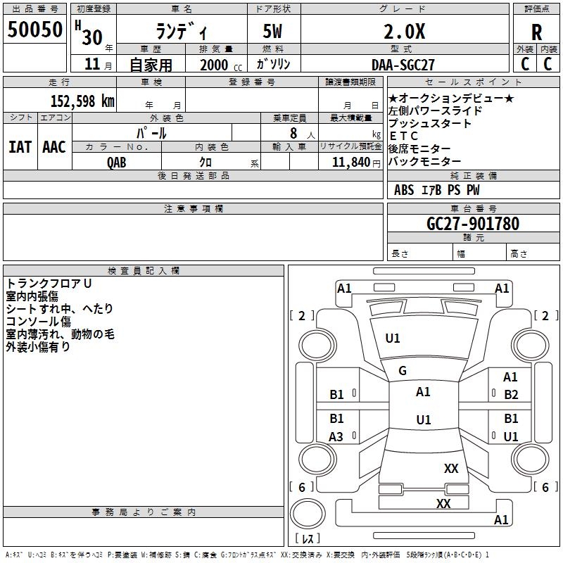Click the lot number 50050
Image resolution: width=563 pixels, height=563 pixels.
click(x=35, y=30)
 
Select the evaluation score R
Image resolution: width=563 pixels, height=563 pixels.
click(x=537, y=32)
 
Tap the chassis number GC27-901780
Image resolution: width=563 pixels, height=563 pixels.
click(x=473, y=224)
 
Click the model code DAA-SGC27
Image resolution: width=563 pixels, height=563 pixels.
click(x=403, y=64)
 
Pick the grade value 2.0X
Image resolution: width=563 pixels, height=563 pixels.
click(x=403, y=32)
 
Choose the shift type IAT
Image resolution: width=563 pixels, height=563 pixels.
click(x=20, y=147)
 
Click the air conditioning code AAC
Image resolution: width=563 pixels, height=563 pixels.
click(x=53, y=147)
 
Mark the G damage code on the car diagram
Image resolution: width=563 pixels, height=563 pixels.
click(x=403, y=371)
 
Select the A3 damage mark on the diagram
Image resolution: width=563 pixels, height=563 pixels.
click(x=336, y=437)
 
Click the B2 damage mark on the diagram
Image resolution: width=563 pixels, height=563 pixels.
click(x=511, y=395)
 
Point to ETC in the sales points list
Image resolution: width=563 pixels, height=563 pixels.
click(x=404, y=136)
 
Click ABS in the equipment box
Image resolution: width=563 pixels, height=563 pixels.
click(x=404, y=189)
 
